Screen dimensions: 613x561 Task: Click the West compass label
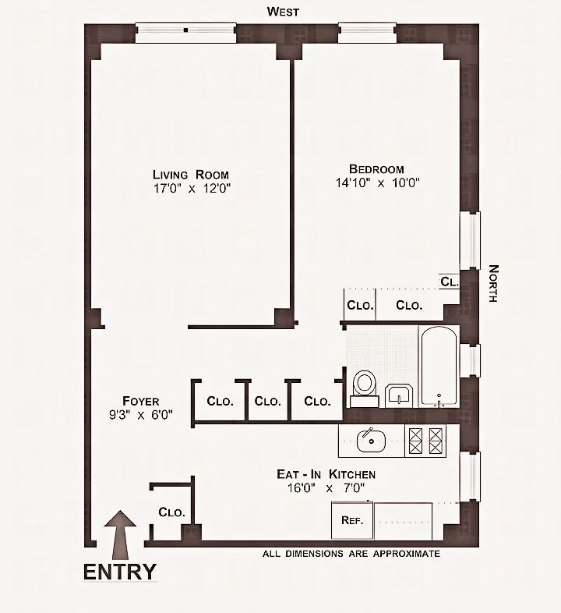pyautogui.click(x=283, y=11)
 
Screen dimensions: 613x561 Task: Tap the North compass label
pyautogui.click(x=493, y=284)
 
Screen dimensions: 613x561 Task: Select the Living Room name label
pyautogui.click(x=191, y=174)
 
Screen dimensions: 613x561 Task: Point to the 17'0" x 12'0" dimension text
pyautogui.click(x=192, y=188)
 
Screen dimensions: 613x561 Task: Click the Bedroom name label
pyautogui.click(x=376, y=169)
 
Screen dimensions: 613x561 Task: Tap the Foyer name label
pyautogui.click(x=140, y=402)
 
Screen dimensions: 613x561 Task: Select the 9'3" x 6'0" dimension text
pyautogui.click(x=140, y=415)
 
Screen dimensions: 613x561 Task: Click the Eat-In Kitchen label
pyautogui.click(x=326, y=474)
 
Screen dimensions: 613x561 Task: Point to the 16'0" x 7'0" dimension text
pyautogui.click(x=326, y=488)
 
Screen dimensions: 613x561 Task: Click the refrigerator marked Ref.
pyautogui.click(x=352, y=519)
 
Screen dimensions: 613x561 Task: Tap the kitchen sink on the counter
pyautogui.click(x=371, y=441)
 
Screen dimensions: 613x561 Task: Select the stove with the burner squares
pyautogui.click(x=425, y=441)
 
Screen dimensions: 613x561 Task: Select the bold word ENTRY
pyautogui.click(x=119, y=572)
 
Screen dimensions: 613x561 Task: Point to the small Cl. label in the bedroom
pyautogui.click(x=449, y=282)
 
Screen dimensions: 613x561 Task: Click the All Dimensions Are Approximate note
pyautogui.click(x=351, y=554)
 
